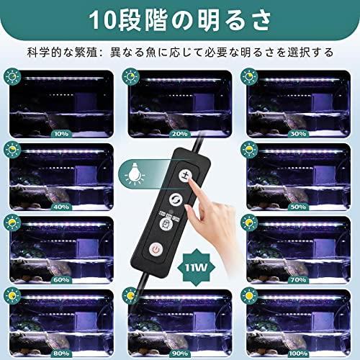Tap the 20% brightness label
click(181, 133)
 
